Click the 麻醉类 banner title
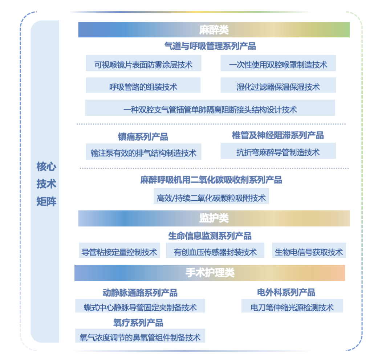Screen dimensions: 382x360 tap(214, 30)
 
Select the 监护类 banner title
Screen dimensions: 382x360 tap(214, 218)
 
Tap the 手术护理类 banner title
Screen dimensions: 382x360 tap(210, 273)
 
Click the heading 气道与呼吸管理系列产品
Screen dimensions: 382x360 tap(210, 46)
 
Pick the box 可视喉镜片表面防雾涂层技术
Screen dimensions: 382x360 tap(143, 63)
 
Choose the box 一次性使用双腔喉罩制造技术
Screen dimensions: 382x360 tap(278, 63)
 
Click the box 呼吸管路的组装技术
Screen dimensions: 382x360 tap(143, 85)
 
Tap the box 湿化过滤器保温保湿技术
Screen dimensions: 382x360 tap(278, 85)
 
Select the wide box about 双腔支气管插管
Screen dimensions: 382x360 tap(210, 108)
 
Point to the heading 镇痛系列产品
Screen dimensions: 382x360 tap(143, 137)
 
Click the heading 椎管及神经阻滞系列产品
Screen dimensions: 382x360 tap(278, 135)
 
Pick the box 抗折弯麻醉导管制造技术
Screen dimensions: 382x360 tap(278, 151)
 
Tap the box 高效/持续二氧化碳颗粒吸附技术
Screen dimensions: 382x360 tap(211, 196)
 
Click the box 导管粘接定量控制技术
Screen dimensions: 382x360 tap(119, 250)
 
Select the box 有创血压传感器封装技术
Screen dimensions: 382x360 tap(215, 250)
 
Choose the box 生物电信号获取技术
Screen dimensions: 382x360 tap(309, 250)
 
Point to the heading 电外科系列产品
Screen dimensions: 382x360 tap(286, 292)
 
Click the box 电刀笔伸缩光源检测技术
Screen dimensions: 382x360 tap(292, 306)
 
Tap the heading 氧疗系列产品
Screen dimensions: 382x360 tap(138, 323)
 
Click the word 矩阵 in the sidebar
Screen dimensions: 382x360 tap(46, 201)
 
